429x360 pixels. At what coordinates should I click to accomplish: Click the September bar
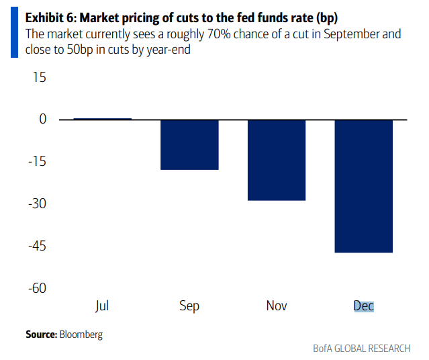pyautogui.click(x=189, y=144)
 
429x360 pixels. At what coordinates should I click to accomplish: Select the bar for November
pyautogui.click(x=277, y=160)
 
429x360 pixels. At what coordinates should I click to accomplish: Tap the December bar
pyautogui.click(x=363, y=186)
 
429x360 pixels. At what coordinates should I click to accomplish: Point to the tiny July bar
pyautogui.click(x=102, y=119)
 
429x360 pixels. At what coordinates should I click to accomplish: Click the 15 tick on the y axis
pyautogui.click(x=39, y=77)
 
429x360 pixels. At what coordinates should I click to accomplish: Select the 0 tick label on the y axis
pyautogui.click(x=43, y=120)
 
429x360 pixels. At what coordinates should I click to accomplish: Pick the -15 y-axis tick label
pyautogui.click(x=37, y=162)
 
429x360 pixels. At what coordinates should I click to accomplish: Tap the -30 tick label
pyautogui.click(x=36, y=204)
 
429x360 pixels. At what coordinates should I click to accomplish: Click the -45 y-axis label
pyautogui.click(x=36, y=246)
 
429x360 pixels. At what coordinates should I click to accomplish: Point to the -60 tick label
pyautogui.click(x=36, y=288)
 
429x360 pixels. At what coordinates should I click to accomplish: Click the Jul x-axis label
pyautogui.click(x=102, y=306)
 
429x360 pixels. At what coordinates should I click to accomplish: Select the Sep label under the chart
pyautogui.click(x=189, y=306)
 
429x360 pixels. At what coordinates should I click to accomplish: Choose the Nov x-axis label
pyautogui.click(x=277, y=306)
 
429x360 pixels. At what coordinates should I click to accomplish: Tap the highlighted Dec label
pyautogui.click(x=363, y=306)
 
